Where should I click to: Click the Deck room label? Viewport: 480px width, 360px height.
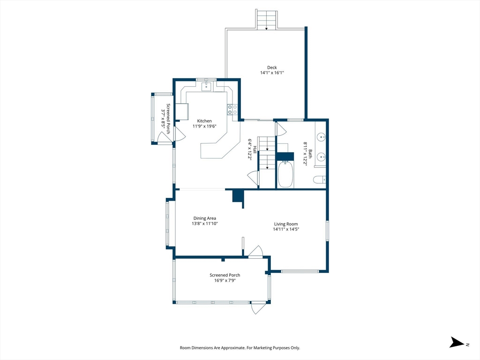(x=272, y=67)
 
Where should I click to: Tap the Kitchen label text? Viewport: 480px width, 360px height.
(x=204, y=121)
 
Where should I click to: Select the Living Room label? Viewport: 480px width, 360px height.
(x=286, y=224)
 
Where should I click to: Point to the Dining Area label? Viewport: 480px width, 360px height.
(x=204, y=218)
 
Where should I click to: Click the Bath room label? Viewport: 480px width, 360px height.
(x=310, y=154)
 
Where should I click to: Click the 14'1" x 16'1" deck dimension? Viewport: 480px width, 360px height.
(x=272, y=73)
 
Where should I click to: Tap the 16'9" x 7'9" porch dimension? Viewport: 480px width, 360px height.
(x=225, y=280)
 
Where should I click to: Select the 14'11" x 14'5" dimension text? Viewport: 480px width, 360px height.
(x=286, y=229)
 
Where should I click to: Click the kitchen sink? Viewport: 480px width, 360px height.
(x=207, y=86)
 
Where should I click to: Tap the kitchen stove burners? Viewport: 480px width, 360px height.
(x=232, y=109)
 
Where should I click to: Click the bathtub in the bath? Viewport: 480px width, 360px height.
(x=285, y=174)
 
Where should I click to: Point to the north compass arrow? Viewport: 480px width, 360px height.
(x=457, y=342)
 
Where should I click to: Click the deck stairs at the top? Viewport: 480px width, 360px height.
(x=267, y=20)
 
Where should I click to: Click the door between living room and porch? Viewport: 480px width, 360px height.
(x=256, y=251)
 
